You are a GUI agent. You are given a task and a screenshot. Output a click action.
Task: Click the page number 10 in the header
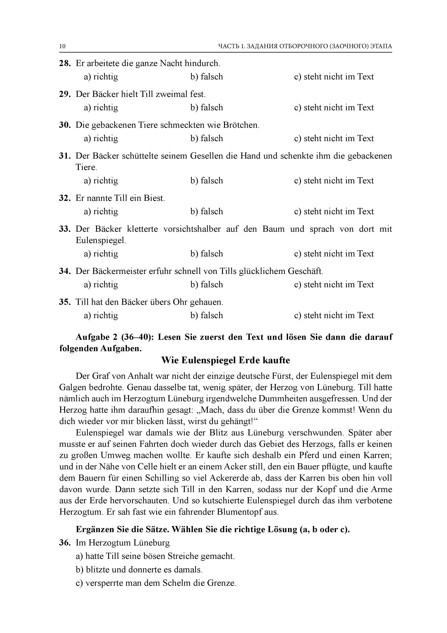tap(63, 46)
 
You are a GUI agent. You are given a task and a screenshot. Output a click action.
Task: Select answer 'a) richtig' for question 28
tap(101, 77)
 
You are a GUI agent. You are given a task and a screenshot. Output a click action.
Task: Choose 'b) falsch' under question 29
tap(207, 108)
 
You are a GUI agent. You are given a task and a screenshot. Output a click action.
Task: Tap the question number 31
tap(65, 156)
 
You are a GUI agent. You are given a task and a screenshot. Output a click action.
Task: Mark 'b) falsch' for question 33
tap(207, 254)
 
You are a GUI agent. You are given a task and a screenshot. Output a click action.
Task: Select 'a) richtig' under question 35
tap(101, 315)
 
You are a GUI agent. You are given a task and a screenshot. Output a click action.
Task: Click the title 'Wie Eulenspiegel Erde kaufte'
tap(225, 360)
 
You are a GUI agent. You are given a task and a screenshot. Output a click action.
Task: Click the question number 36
tap(65, 543)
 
